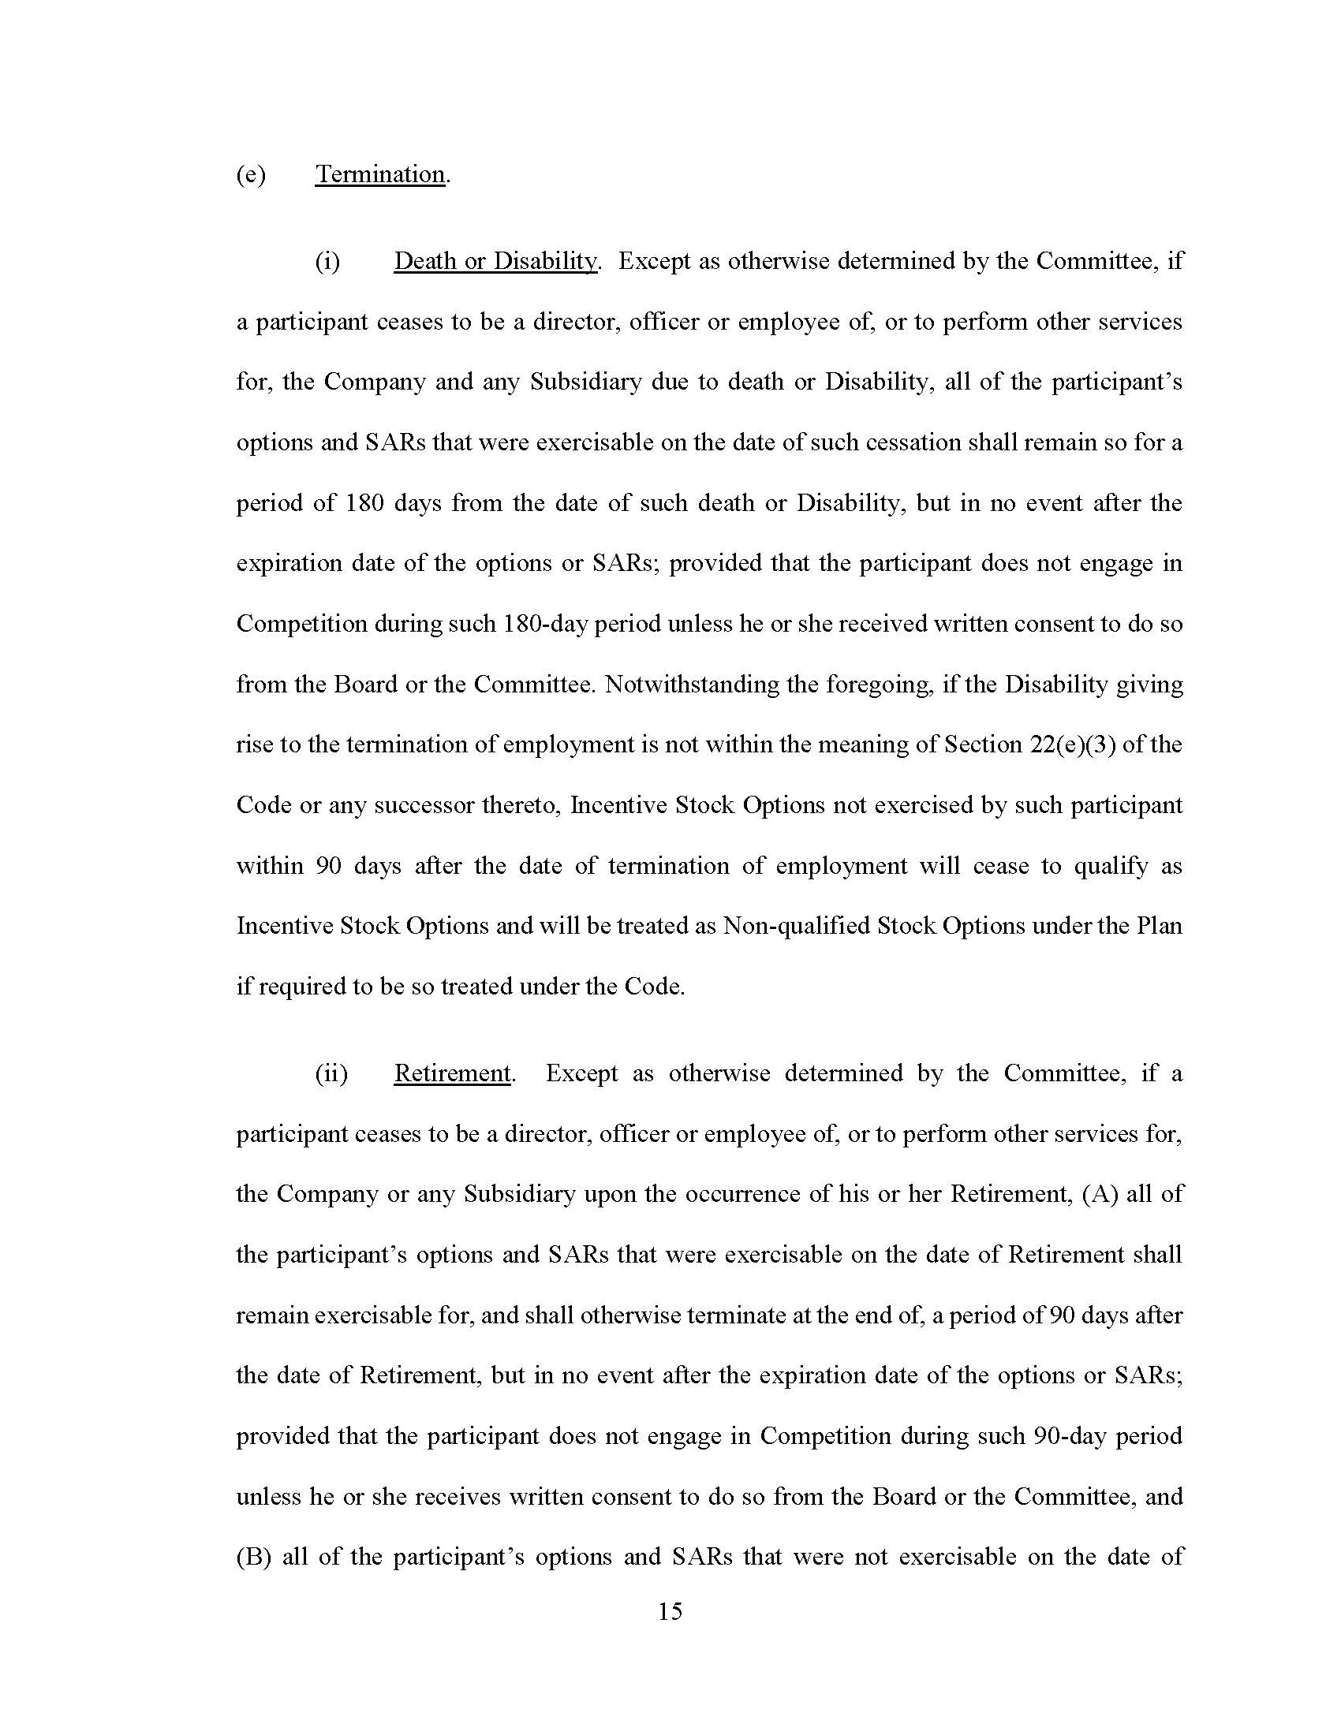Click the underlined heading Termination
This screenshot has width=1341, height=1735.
click(379, 174)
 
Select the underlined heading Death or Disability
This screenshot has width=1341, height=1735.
click(494, 261)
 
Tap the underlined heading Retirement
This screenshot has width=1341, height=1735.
click(452, 1073)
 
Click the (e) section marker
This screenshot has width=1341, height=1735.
click(251, 175)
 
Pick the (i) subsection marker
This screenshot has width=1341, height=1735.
click(327, 262)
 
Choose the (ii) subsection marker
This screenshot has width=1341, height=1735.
click(331, 1074)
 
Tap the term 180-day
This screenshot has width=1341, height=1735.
click(545, 624)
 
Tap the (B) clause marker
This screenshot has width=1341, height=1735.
click(254, 1557)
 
